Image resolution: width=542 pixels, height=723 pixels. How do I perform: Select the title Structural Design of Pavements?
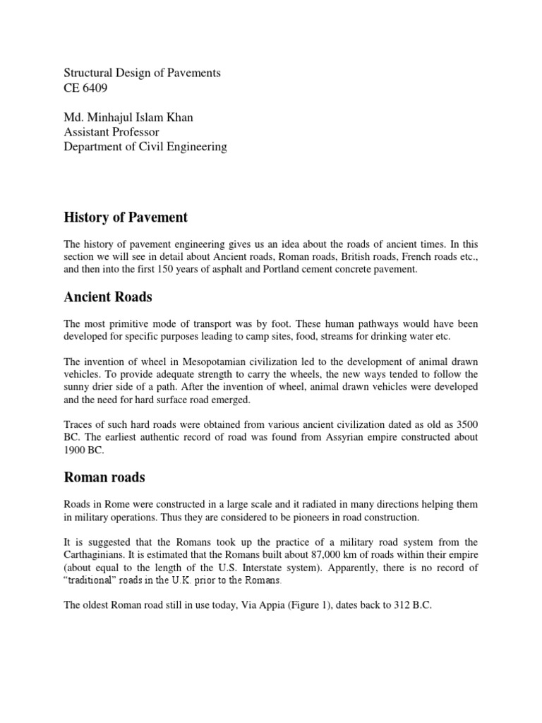coord(142,73)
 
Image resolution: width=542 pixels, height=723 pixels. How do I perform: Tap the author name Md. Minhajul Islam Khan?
coord(128,117)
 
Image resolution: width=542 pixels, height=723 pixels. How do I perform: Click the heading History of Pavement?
coord(126,217)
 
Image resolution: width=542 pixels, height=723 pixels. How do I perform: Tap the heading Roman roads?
coord(104,478)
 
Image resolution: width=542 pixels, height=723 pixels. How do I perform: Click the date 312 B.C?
coord(410,605)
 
